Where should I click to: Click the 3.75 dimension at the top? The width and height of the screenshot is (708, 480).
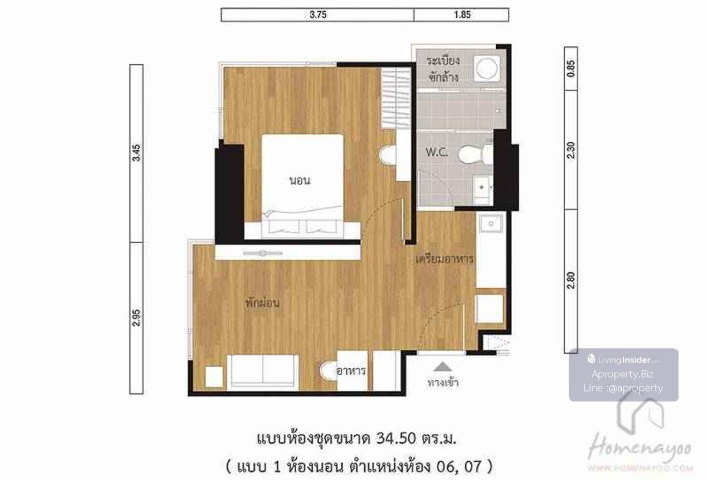[x=318, y=15]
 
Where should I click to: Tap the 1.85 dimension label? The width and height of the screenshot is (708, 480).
[x=463, y=15]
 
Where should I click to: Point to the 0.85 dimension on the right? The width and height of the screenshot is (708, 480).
[x=571, y=68]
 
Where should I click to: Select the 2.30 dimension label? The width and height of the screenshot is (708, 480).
[x=571, y=150]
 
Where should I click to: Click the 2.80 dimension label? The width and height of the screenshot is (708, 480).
[x=571, y=280]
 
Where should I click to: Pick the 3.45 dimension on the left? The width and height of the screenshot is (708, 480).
[x=136, y=153]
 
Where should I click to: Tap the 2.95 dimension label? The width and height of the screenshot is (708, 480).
[x=136, y=318]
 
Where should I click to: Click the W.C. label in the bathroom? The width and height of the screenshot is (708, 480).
[x=437, y=152]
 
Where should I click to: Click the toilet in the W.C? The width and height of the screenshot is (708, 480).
[x=476, y=154]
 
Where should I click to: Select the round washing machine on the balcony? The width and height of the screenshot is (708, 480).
[x=487, y=68]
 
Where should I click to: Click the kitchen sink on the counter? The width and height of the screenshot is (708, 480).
[x=491, y=224]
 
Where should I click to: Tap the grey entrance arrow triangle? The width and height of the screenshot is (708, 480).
[x=442, y=367]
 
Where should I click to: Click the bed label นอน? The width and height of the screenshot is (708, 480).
[x=300, y=181]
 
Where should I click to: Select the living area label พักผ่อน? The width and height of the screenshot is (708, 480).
[x=263, y=303]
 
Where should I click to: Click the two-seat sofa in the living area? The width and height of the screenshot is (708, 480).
[x=263, y=373]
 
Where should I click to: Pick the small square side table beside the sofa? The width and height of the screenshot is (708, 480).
[x=214, y=377]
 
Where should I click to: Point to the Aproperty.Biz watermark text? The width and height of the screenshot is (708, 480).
[x=622, y=374]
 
